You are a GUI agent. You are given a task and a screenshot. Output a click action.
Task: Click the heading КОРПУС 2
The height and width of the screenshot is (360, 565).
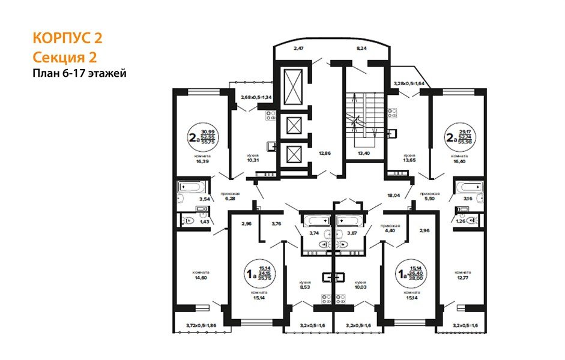click(67, 38)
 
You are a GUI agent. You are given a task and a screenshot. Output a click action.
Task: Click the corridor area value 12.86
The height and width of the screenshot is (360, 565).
click(325, 154)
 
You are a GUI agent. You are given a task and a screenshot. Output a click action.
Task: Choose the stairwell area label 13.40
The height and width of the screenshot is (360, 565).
click(364, 154)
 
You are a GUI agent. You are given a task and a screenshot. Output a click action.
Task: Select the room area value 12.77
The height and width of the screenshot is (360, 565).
click(461, 277)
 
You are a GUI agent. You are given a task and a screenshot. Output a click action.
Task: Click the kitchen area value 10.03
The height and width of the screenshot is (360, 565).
click(360, 287)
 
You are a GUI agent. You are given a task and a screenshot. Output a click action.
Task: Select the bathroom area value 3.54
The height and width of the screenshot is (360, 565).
click(204, 198)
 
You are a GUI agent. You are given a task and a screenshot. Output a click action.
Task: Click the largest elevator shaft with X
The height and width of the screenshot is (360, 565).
click(295, 88)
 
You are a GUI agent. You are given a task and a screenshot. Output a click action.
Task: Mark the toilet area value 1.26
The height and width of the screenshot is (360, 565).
click(461, 220)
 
